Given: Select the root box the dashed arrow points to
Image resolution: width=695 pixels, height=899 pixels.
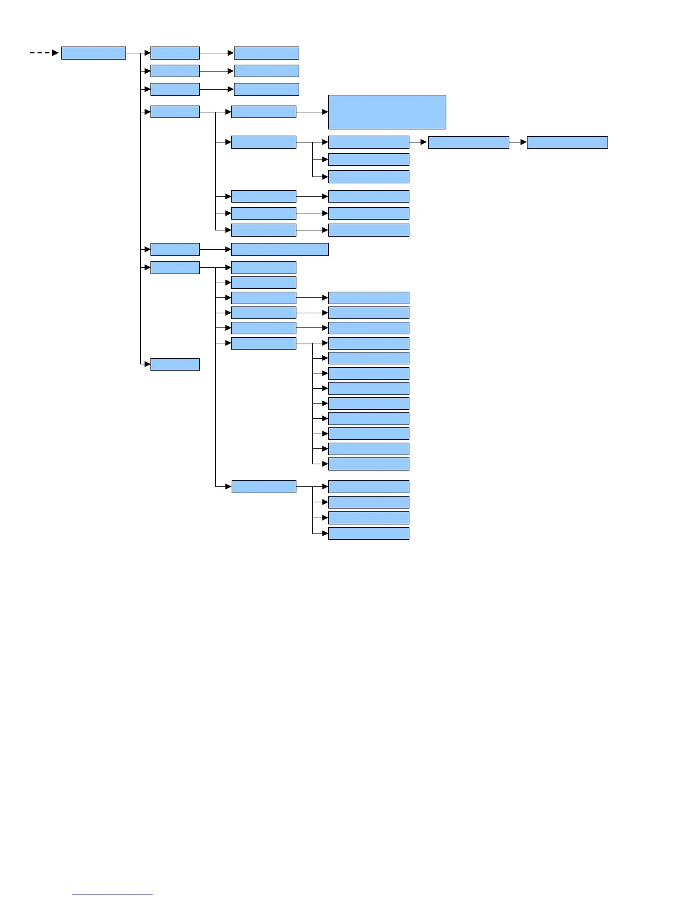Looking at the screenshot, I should point(93,53).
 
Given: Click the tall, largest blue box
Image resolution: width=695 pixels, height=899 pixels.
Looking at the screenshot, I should point(387,112).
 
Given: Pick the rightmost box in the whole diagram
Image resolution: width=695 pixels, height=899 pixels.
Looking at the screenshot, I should point(567,142).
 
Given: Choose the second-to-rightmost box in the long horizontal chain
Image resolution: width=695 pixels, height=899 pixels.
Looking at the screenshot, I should point(468,142).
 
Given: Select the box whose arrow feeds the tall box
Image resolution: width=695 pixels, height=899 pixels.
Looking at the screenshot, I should point(263,112).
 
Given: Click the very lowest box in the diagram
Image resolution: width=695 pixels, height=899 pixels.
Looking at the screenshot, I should point(369,533).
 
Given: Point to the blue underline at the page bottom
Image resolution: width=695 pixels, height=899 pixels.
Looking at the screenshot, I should point(112,894).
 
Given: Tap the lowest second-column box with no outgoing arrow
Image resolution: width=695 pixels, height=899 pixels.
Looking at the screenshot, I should point(175,364).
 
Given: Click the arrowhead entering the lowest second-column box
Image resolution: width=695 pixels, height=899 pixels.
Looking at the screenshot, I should point(147,364).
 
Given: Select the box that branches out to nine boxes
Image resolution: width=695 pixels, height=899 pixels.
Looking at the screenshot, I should point(263,343).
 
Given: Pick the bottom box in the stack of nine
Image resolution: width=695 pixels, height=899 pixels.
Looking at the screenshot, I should point(369,464).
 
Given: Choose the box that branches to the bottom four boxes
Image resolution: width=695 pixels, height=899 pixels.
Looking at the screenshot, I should point(263,486).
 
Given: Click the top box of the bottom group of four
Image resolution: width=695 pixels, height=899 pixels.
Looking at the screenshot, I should point(369,486).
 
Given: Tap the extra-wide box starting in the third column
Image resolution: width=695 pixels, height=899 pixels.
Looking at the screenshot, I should point(279,249).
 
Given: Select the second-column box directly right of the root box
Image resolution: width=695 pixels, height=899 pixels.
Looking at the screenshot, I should point(175,53).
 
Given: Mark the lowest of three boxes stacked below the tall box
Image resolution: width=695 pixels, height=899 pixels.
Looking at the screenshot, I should point(369,177).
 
